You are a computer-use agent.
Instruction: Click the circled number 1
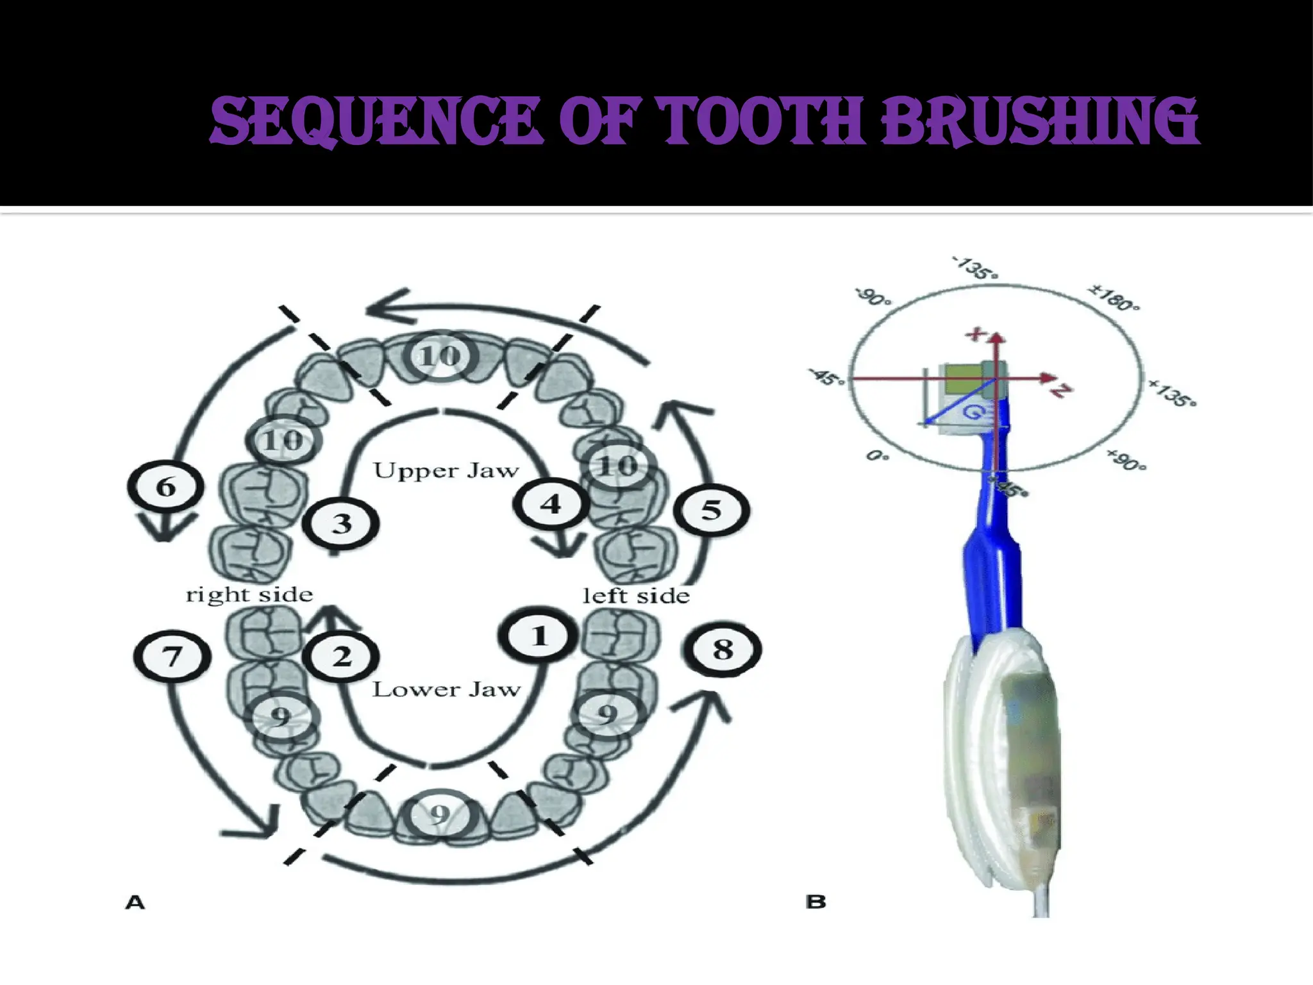tap(539, 636)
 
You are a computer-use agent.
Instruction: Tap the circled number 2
tap(341, 656)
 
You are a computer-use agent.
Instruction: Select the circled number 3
tap(341, 523)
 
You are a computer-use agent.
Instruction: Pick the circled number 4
tap(551, 504)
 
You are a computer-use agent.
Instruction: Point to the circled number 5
tap(712, 510)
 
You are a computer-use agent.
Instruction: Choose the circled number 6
tap(166, 487)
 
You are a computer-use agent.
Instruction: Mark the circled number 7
tap(172, 657)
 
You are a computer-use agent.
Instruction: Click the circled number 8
tap(723, 650)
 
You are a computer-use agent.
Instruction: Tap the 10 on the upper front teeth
tap(440, 355)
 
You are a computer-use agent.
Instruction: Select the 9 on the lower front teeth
tap(440, 815)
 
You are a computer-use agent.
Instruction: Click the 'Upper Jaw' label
tap(446, 471)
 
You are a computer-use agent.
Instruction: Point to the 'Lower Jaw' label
tap(446, 690)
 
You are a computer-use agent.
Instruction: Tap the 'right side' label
tap(249, 595)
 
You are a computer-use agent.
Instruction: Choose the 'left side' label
tap(636, 596)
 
